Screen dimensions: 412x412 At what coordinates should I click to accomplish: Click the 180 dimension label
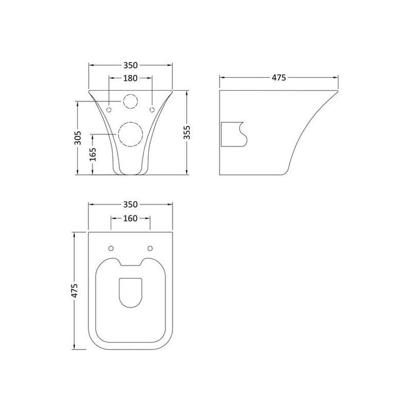[130, 78]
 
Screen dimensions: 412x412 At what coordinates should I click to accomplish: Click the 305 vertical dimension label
[78, 138]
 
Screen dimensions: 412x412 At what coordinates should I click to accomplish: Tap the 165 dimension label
[93, 154]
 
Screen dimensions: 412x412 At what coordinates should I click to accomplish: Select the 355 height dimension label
[187, 132]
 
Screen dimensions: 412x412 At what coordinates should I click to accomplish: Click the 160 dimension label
[130, 218]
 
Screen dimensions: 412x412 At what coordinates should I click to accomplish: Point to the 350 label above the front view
[130, 65]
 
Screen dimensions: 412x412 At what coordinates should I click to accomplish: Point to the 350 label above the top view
[130, 204]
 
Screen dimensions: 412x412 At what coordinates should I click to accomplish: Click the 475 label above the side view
[279, 78]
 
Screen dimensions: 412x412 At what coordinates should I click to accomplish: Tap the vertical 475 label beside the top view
[75, 291]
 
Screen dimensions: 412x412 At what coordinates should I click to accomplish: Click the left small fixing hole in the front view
[109, 109]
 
